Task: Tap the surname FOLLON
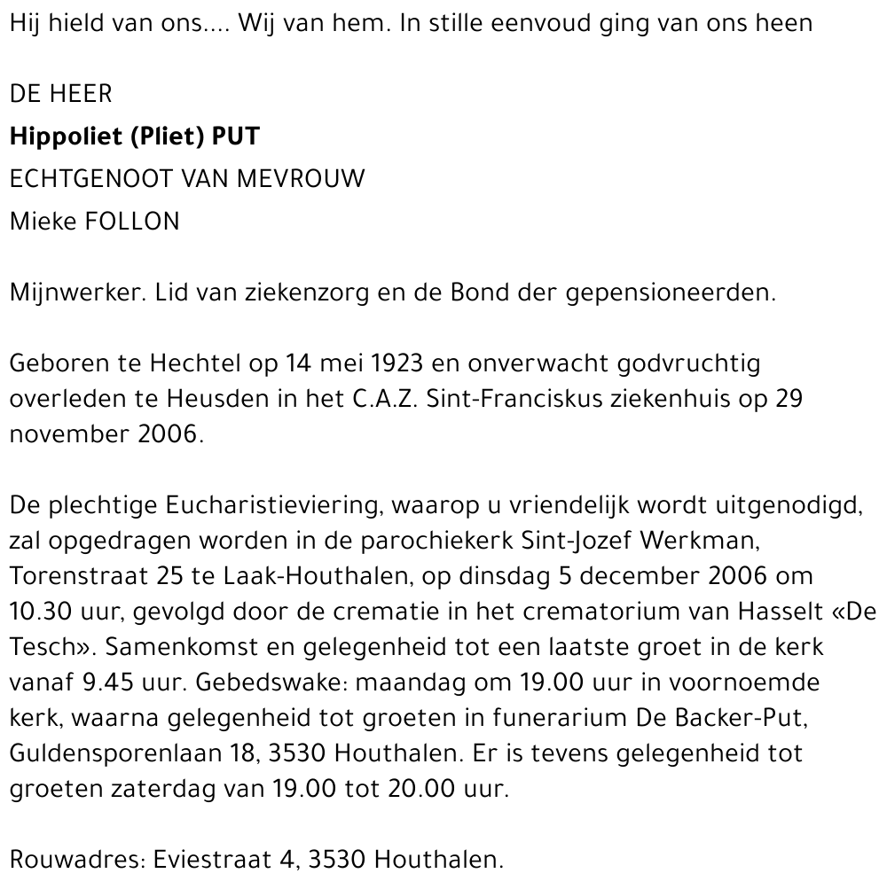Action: pos(132,222)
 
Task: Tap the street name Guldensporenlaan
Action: pos(114,753)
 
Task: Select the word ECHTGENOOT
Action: pos(89,179)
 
